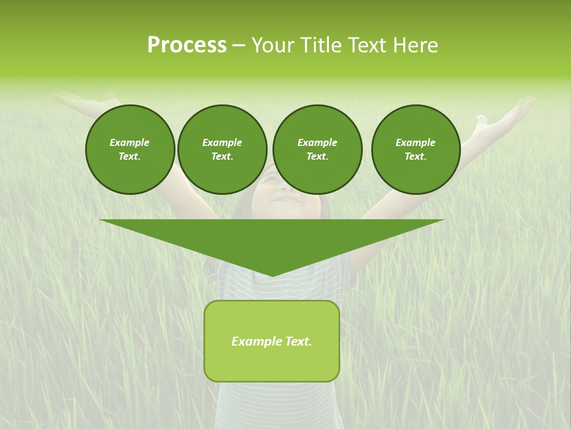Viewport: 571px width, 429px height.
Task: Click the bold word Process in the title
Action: [x=187, y=45]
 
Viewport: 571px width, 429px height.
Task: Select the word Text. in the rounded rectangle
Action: [x=298, y=341]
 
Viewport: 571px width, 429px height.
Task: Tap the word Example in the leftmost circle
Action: [x=130, y=142]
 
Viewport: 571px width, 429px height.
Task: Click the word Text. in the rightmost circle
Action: [x=416, y=156]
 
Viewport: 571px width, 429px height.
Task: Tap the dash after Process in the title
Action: [x=239, y=45]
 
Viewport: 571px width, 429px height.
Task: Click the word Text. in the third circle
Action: [x=317, y=156]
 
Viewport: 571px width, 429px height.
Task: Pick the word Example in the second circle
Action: [x=222, y=142]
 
